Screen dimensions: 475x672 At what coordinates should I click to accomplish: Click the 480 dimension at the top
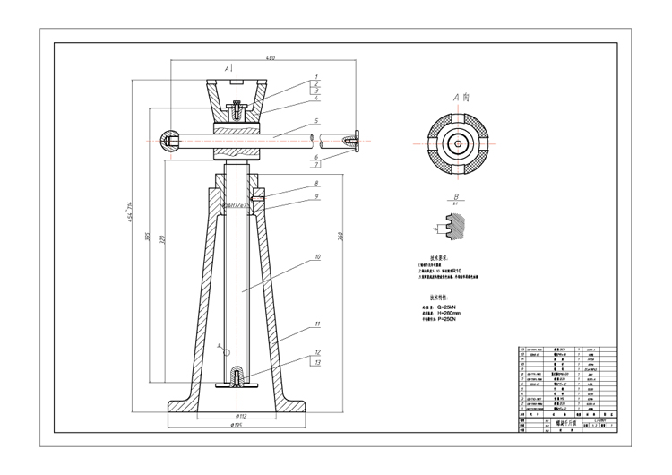[x=270, y=58]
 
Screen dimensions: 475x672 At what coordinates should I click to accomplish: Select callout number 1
[x=316, y=77]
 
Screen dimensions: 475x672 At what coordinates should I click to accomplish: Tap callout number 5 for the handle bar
[x=316, y=120]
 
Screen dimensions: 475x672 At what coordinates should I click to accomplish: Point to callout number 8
[x=316, y=184]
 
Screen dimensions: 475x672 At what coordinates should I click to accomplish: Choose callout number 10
[x=316, y=257]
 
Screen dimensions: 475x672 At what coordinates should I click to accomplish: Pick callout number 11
[x=316, y=324]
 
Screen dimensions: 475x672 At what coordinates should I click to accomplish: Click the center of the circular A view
[x=456, y=143]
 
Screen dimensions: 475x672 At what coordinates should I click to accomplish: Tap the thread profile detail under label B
[x=455, y=230]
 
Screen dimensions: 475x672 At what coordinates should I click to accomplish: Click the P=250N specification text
[x=452, y=318]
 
